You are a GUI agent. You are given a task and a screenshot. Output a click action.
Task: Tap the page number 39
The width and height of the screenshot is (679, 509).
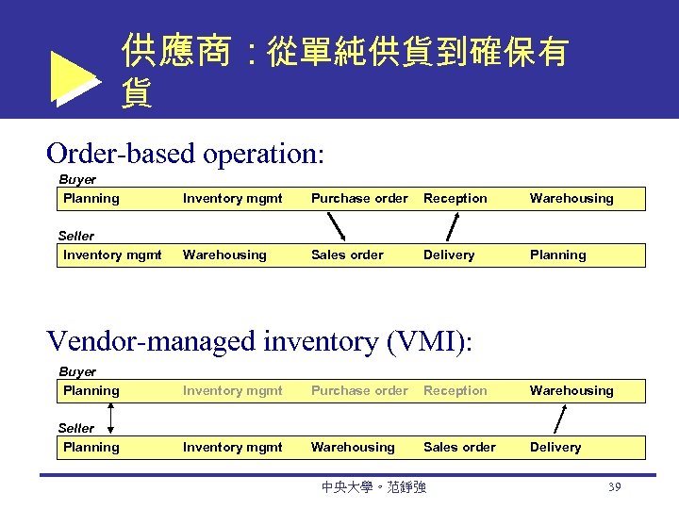(614, 486)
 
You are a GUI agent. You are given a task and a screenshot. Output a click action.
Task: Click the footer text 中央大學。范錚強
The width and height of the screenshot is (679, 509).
(373, 487)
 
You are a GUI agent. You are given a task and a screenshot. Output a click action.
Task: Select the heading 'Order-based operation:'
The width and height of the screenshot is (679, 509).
(185, 152)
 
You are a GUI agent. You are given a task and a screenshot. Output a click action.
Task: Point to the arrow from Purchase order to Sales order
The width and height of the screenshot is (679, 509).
(335, 226)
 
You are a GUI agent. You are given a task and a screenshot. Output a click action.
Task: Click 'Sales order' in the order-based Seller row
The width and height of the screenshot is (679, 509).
(347, 254)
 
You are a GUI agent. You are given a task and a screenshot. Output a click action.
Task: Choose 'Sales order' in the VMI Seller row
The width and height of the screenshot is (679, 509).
(459, 447)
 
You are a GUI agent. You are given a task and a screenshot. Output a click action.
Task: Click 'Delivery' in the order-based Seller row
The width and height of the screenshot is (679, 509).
(449, 254)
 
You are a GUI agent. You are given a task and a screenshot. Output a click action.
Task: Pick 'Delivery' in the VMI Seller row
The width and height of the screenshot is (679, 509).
(555, 447)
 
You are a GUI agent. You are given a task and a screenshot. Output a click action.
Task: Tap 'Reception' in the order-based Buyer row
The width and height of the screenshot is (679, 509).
(455, 198)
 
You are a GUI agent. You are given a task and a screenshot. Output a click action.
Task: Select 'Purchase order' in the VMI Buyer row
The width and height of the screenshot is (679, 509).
(359, 390)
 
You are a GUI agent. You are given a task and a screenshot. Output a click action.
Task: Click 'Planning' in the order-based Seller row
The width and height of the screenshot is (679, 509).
(557, 254)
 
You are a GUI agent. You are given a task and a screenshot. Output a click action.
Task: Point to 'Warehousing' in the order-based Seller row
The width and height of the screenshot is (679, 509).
(224, 254)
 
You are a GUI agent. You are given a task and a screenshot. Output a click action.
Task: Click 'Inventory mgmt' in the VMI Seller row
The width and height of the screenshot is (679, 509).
(232, 447)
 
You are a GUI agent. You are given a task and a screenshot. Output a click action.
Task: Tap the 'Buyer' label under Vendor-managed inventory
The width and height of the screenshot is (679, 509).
(77, 371)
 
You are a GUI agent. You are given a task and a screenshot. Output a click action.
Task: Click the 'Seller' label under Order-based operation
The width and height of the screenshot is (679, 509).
(76, 236)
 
